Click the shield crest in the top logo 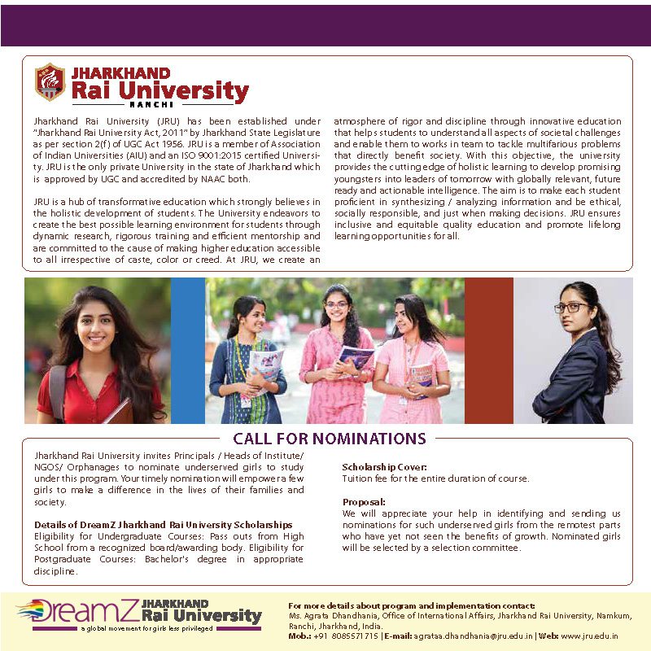[50, 81]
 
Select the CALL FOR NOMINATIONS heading [330, 439]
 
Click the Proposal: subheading [364, 501]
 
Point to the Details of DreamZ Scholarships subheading [163, 525]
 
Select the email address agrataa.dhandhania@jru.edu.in [473, 636]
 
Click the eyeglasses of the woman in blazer [571, 307]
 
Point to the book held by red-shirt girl [118, 412]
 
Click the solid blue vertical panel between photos [188, 350]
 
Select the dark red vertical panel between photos [488, 350]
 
